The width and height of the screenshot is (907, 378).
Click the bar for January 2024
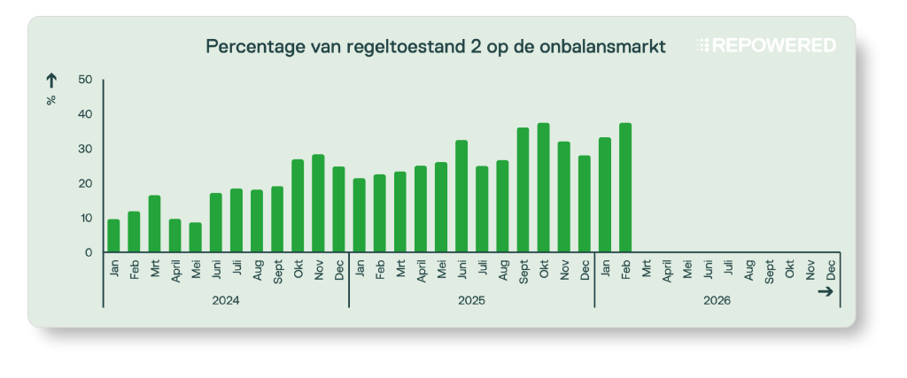pos(113,235)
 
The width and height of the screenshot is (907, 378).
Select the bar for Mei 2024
pos(195,237)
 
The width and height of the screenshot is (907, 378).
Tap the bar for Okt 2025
pos(543,188)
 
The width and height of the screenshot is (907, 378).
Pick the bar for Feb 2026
pos(625,188)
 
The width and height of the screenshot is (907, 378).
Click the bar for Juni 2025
pos(461,197)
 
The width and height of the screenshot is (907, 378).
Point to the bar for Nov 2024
pos(318,204)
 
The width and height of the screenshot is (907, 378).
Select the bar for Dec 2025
pos(585,204)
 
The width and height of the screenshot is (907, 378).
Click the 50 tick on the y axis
pos(85,80)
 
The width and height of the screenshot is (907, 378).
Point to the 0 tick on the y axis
pos(88,252)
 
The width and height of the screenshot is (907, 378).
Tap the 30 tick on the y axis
pos(85,149)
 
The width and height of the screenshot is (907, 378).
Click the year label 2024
pos(226,301)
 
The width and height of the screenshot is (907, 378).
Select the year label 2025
pos(471,301)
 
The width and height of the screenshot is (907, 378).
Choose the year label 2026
pos(717,301)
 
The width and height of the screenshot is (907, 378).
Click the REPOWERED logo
pos(766,45)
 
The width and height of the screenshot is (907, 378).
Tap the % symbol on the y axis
pos(51,100)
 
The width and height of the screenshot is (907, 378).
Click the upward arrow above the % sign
pos(51,81)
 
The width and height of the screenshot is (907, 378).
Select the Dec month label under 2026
pos(831,268)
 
